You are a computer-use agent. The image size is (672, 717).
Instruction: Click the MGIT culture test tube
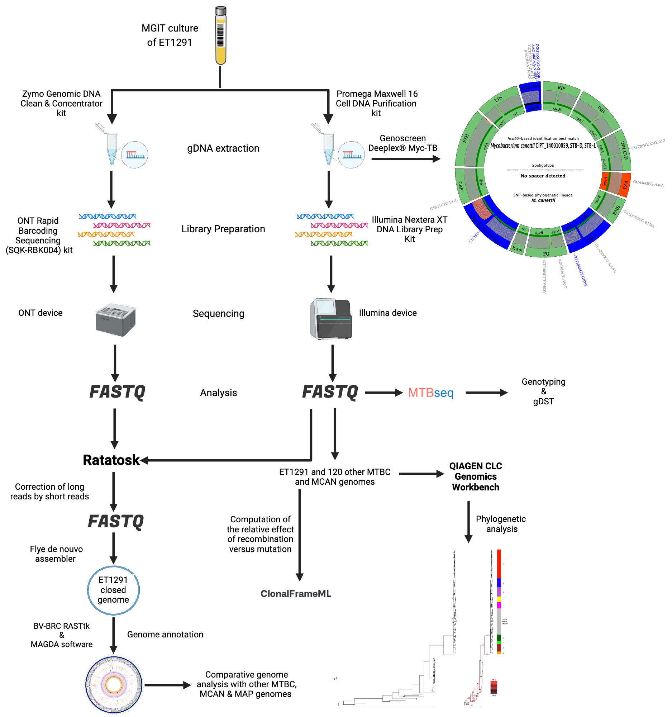(221, 36)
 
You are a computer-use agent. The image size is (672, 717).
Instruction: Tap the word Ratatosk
(111, 460)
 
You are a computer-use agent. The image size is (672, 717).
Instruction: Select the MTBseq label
(430, 393)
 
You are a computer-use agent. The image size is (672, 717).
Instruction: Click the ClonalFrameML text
(296, 594)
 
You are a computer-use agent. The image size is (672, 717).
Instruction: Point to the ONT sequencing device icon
(115, 320)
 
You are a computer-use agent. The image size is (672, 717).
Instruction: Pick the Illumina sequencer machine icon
(331, 319)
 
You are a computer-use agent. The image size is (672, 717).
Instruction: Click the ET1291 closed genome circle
(113, 590)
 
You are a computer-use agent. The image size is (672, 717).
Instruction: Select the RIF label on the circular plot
(561, 88)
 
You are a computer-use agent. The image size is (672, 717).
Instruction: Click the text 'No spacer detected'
(543, 176)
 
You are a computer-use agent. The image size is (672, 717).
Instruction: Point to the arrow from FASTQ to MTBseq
(383, 393)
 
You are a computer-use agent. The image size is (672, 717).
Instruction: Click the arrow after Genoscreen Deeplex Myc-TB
(406, 159)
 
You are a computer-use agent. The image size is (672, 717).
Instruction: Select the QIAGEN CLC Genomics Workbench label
(476, 476)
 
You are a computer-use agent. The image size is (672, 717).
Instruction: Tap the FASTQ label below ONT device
(117, 392)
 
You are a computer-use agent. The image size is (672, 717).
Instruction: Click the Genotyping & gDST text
(543, 391)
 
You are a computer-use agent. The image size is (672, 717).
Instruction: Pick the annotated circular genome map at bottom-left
(114, 685)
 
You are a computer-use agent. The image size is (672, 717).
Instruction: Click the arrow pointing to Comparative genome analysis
(168, 685)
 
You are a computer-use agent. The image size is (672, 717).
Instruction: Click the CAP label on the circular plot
(461, 186)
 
